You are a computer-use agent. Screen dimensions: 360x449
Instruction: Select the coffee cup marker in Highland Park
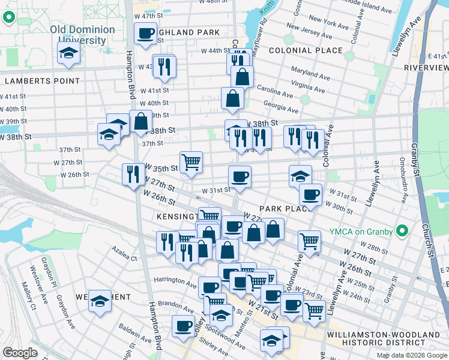pos(145,34)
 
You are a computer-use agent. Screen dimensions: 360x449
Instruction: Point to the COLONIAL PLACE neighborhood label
pos(306,50)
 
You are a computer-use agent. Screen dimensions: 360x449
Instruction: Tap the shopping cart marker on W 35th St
pos(191,161)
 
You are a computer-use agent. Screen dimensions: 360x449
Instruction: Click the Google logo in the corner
pos(20,353)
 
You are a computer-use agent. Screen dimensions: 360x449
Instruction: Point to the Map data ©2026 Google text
pos(411,355)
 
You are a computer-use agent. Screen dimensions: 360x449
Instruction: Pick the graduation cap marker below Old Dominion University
pos(68,52)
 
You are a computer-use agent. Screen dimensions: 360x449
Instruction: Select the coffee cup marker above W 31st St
pos(240,176)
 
